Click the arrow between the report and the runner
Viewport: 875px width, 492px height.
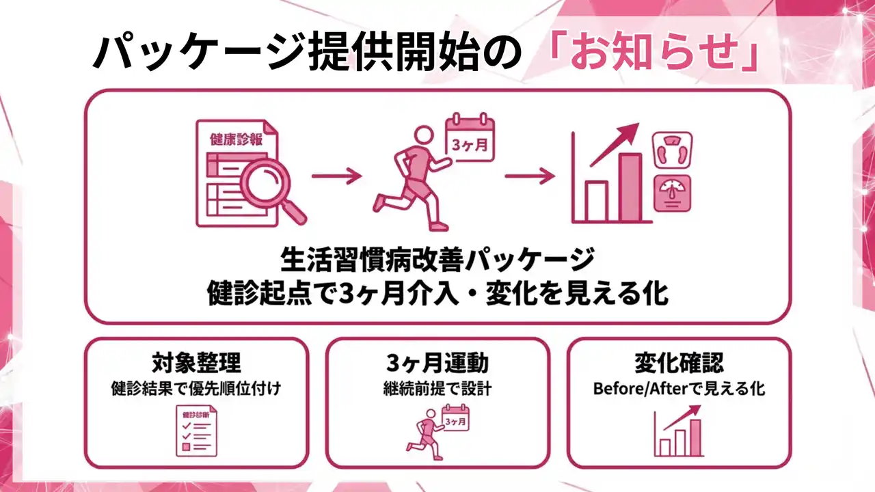pyautogui.click(x=336, y=177)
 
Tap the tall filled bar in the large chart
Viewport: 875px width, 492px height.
pyautogui.click(x=630, y=186)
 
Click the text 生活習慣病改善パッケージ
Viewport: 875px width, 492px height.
pyautogui.click(x=437, y=260)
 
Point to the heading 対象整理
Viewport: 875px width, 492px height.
pyautogui.click(x=196, y=362)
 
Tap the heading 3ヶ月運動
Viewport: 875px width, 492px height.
pyautogui.click(x=437, y=362)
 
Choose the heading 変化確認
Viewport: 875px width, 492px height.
pyautogui.click(x=679, y=362)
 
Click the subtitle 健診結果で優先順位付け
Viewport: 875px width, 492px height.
pyautogui.click(x=196, y=389)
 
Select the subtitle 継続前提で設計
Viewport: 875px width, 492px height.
pyautogui.click(x=437, y=389)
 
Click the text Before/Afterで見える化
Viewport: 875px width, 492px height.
pyautogui.click(x=679, y=389)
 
